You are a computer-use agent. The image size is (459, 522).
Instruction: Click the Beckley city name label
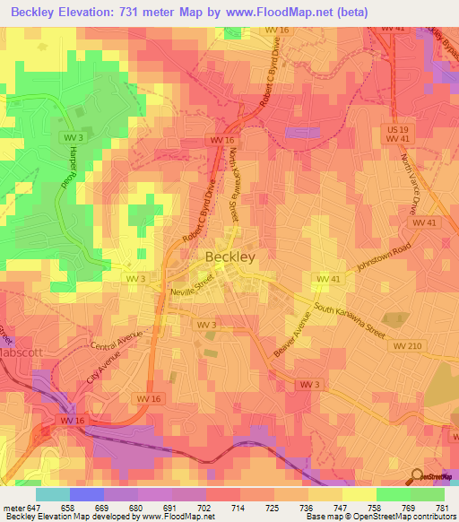[230, 257]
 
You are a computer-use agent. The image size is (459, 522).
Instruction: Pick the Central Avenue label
[117, 344]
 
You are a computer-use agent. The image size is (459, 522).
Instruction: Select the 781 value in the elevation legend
[441, 507]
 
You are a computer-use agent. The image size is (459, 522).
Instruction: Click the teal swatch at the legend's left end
[52, 494]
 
